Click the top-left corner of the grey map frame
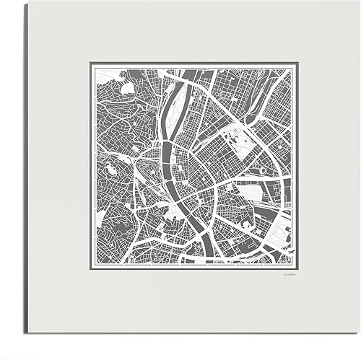90,63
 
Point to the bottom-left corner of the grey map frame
90,267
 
